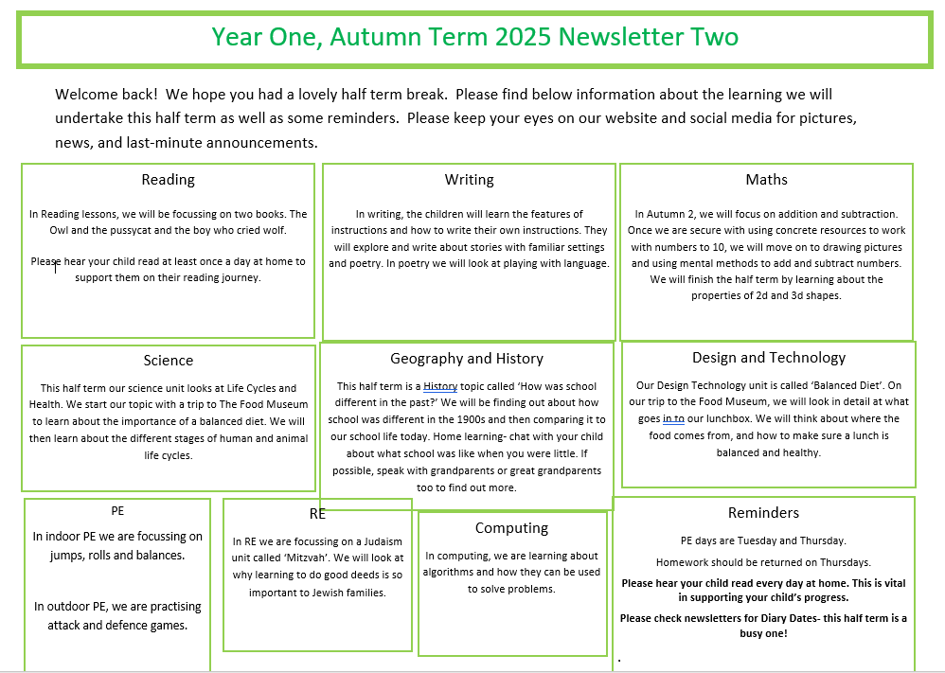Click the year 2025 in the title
pos(523,37)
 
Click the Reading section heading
pos(168,180)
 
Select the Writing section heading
pos(469,180)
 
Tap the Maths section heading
pos(766,180)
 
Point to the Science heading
pos(169,361)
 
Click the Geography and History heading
pos(467,359)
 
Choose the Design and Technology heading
pos(769,358)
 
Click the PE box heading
pos(117,511)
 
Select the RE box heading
pos(317,514)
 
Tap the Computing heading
pos(511,528)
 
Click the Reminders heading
pos(763,513)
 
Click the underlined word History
pos(440,386)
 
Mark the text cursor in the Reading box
pos(56,267)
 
